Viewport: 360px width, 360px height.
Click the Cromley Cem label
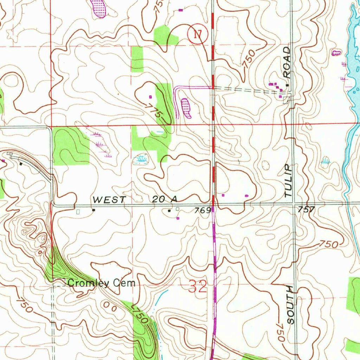coord(101,283)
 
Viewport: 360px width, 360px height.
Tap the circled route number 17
coord(198,34)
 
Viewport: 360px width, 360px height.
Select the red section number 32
coord(198,287)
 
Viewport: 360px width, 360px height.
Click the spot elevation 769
coord(203,210)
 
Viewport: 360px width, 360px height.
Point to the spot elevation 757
coord(306,210)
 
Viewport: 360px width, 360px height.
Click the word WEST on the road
coord(109,200)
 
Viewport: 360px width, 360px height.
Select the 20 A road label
coord(165,199)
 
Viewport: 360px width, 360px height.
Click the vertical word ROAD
coord(288,62)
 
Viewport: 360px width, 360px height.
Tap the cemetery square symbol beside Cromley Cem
coord(59,282)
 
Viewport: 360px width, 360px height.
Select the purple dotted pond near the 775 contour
coord(186,108)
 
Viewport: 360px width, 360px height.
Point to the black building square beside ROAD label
coord(288,85)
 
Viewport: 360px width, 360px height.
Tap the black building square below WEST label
coord(94,210)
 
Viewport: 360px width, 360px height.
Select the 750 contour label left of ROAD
coord(249,59)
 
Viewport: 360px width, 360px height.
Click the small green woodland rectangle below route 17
coord(137,59)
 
